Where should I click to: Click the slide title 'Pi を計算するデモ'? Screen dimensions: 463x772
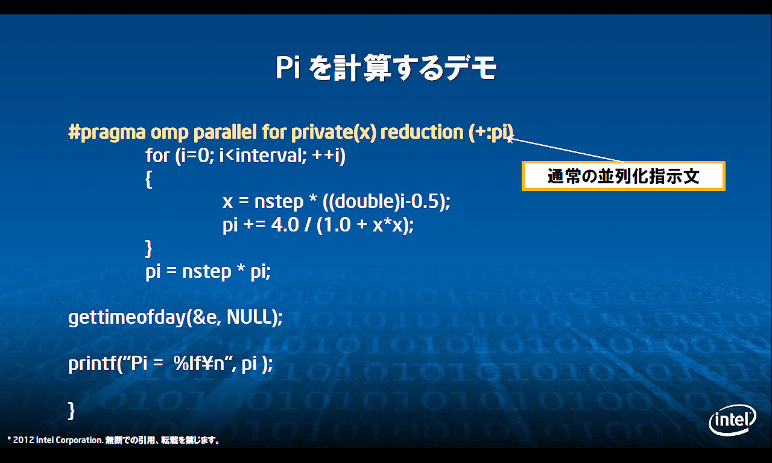point(386,68)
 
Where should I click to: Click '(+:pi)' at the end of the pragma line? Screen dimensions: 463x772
point(491,132)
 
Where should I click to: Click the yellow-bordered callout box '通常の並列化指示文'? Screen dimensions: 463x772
point(623,176)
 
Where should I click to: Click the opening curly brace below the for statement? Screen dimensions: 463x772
point(149,179)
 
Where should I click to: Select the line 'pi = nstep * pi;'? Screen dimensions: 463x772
point(208,272)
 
